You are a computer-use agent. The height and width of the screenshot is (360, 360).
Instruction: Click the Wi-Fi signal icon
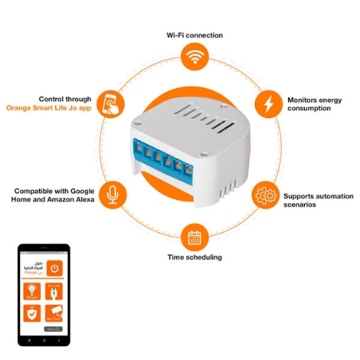(194, 57)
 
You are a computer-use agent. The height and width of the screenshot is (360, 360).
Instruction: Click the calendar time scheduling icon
(194, 237)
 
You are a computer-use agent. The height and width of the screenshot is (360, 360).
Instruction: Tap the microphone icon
(112, 193)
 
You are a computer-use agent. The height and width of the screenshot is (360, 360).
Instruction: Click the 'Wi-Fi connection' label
(194, 35)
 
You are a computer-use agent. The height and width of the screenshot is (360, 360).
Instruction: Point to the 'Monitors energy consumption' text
(314, 104)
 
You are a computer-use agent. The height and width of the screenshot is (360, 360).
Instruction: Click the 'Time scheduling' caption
(194, 257)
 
